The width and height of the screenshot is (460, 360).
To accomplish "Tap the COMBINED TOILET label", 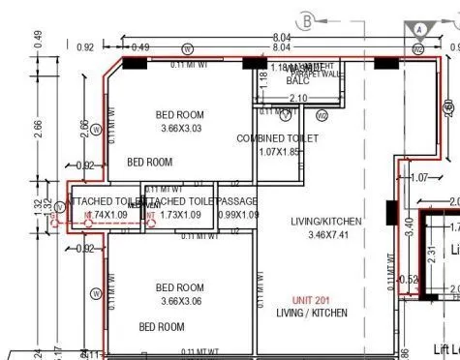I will (278, 139).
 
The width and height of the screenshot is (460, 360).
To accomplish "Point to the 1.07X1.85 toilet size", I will (278, 152).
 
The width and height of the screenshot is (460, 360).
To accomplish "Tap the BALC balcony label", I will (297, 81).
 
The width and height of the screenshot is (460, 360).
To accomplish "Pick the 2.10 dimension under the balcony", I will (297, 98).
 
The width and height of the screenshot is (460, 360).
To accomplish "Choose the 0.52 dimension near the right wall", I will (409, 281).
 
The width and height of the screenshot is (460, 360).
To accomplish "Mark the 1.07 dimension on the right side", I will (418, 178).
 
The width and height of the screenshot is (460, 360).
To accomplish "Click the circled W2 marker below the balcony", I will (322, 116).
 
